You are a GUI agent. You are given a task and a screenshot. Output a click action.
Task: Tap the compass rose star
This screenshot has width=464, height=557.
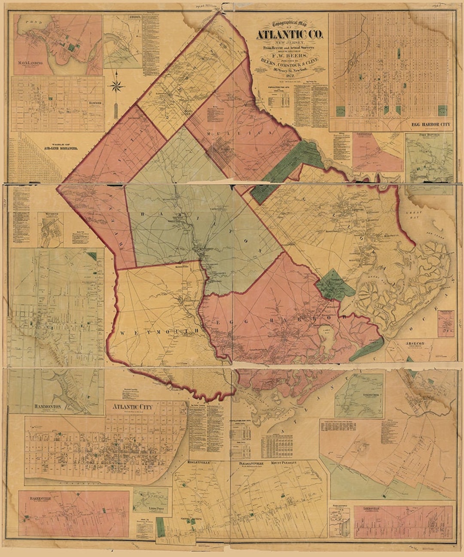tap(116, 86)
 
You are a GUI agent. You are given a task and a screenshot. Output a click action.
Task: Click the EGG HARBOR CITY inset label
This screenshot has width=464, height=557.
tap(430, 125)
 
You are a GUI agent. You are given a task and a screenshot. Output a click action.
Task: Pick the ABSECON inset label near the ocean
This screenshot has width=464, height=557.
tap(415, 343)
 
